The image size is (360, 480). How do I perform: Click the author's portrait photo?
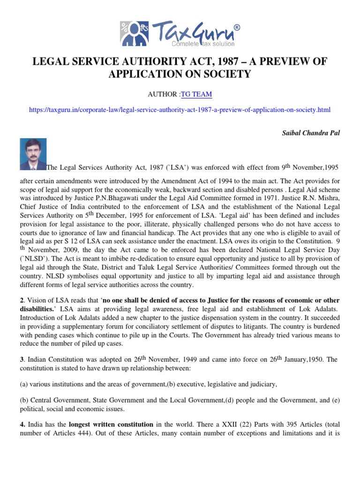tap(33, 154)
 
